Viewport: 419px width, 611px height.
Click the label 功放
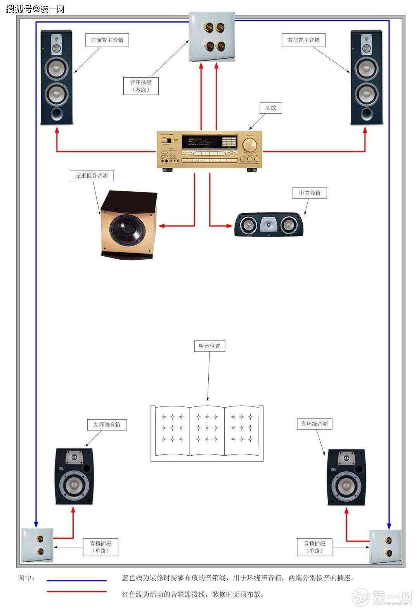[270, 108]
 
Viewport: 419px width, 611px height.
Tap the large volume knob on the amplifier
[249, 146]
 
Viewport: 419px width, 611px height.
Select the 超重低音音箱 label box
[92, 175]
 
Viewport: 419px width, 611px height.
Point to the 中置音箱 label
[310, 193]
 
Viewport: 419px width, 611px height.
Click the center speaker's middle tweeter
[268, 225]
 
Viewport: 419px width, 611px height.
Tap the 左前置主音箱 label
[107, 40]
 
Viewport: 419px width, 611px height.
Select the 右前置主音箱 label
[303, 40]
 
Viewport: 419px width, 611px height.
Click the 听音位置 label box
[209, 346]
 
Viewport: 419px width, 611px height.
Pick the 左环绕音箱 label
[107, 425]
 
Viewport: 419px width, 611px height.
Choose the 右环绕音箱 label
[315, 424]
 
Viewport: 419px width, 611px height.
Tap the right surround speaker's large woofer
[346, 486]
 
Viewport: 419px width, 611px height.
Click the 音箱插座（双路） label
[141, 86]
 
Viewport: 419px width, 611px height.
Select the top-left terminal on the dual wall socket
[207, 28]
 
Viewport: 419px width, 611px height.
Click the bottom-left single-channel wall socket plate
[37, 545]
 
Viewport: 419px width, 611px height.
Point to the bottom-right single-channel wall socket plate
[385, 547]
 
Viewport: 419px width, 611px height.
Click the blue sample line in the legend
[77, 581]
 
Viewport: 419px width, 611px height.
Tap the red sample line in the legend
[77, 592]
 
